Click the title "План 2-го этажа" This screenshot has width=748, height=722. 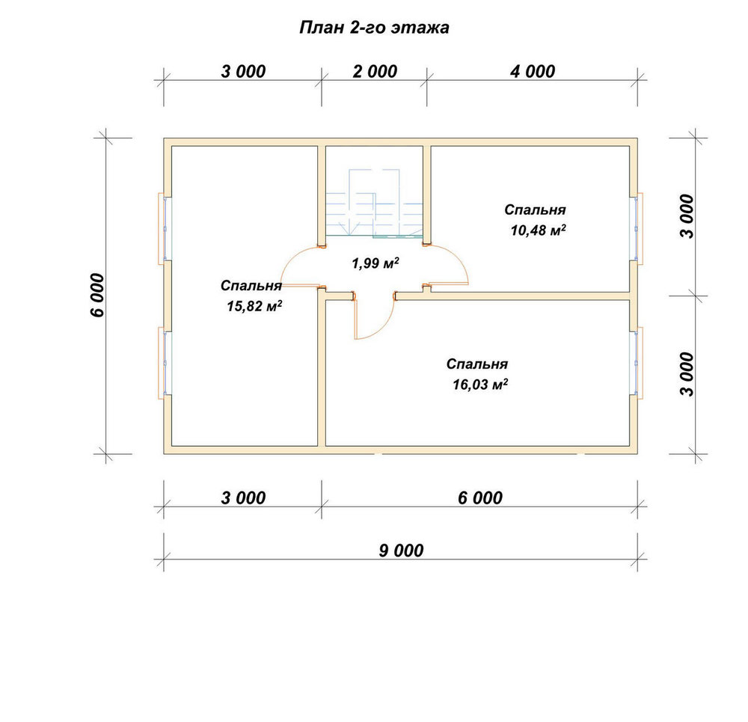(x=374, y=28)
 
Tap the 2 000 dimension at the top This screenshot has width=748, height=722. (x=375, y=72)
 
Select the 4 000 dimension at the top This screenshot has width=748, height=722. (x=533, y=72)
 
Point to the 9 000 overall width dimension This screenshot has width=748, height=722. (x=401, y=551)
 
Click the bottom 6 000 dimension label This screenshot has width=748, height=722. (x=480, y=498)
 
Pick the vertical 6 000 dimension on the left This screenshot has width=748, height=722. (x=97, y=295)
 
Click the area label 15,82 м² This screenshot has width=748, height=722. (x=254, y=306)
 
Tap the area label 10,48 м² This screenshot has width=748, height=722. (x=538, y=230)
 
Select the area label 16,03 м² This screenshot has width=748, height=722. (x=480, y=384)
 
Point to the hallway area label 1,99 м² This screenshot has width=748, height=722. (x=375, y=263)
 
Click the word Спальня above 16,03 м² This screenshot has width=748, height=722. (x=477, y=364)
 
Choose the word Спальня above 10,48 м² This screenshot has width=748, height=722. (x=536, y=210)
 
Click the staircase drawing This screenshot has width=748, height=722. (x=375, y=203)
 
